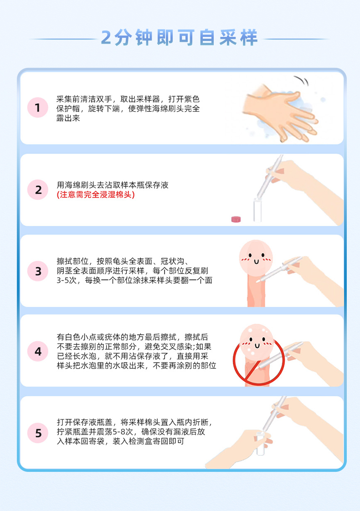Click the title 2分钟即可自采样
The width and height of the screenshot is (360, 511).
point(180,38)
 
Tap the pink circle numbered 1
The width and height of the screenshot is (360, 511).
point(38,107)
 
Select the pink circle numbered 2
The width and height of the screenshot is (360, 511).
point(38,189)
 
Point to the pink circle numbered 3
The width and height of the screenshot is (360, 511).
point(38,271)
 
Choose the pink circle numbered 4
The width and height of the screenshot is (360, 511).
point(38,351)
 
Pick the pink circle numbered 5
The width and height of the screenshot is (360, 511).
point(38,433)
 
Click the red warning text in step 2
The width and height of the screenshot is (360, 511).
point(96,195)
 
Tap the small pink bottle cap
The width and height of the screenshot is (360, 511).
point(236,219)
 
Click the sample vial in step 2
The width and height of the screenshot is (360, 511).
point(257,210)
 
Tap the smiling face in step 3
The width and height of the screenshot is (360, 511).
point(256,258)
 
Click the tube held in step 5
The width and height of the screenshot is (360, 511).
point(260,443)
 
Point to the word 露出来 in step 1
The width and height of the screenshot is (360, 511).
point(68,118)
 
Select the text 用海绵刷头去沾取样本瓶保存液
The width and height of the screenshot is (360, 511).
point(113,185)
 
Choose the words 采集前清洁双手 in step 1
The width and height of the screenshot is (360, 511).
point(84,99)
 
